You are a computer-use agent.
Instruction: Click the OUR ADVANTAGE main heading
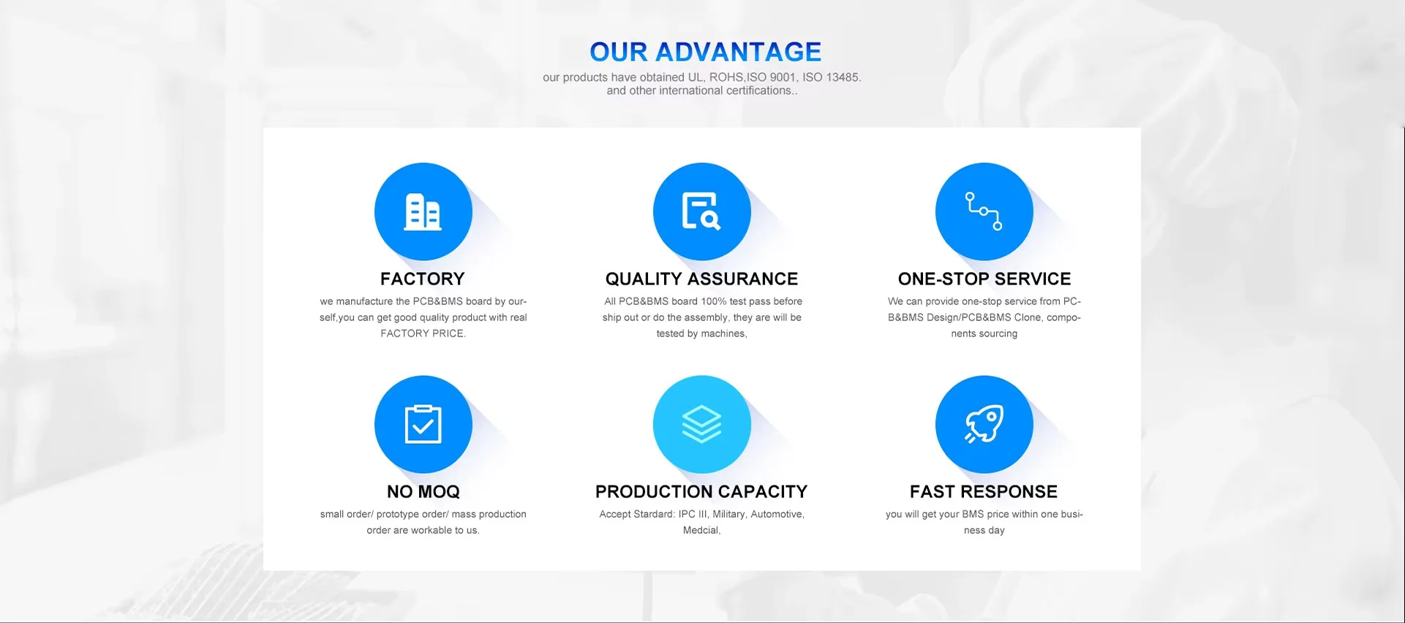tap(705, 52)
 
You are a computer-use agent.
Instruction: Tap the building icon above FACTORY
tap(423, 211)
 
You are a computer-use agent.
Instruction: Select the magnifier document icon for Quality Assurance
tap(701, 211)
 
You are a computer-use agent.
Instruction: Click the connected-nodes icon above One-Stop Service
tap(984, 211)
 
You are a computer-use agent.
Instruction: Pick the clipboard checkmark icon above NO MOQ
tap(423, 424)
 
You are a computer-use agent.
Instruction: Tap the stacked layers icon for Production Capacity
tap(701, 424)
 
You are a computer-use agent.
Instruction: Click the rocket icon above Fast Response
tap(984, 424)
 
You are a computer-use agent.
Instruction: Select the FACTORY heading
tap(423, 279)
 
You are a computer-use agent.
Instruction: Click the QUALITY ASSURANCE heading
tap(701, 279)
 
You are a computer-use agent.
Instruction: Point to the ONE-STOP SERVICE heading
tap(984, 279)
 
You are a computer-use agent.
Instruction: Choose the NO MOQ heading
tap(423, 491)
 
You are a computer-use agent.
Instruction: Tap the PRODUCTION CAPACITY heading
tap(701, 491)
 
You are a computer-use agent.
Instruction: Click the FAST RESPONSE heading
tap(984, 491)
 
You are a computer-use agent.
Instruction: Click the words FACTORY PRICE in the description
tap(422, 333)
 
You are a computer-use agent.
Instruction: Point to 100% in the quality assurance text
tap(714, 301)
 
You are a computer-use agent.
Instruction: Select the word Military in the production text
tap(728, 514)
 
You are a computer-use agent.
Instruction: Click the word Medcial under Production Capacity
tap(701, 530)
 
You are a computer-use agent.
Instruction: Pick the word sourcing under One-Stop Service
tap(998, 333)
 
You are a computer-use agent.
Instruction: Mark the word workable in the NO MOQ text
tap(432, 530)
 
